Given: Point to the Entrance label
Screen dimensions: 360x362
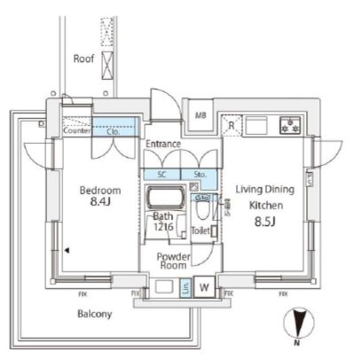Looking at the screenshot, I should [x=164, y=145].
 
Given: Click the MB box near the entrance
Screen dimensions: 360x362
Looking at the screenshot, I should [x=200, y=115].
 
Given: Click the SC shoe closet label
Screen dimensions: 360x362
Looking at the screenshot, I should [x=162, y=175].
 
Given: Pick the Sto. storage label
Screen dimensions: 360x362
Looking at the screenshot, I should [x=200, y=175].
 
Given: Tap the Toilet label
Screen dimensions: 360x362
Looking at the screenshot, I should [x=201, y=231].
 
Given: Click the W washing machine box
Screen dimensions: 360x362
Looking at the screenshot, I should [x=203, y=286].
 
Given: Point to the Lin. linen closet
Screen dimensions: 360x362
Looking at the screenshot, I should [x=185, y=286].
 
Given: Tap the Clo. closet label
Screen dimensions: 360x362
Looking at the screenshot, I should [x=114, y=130].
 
